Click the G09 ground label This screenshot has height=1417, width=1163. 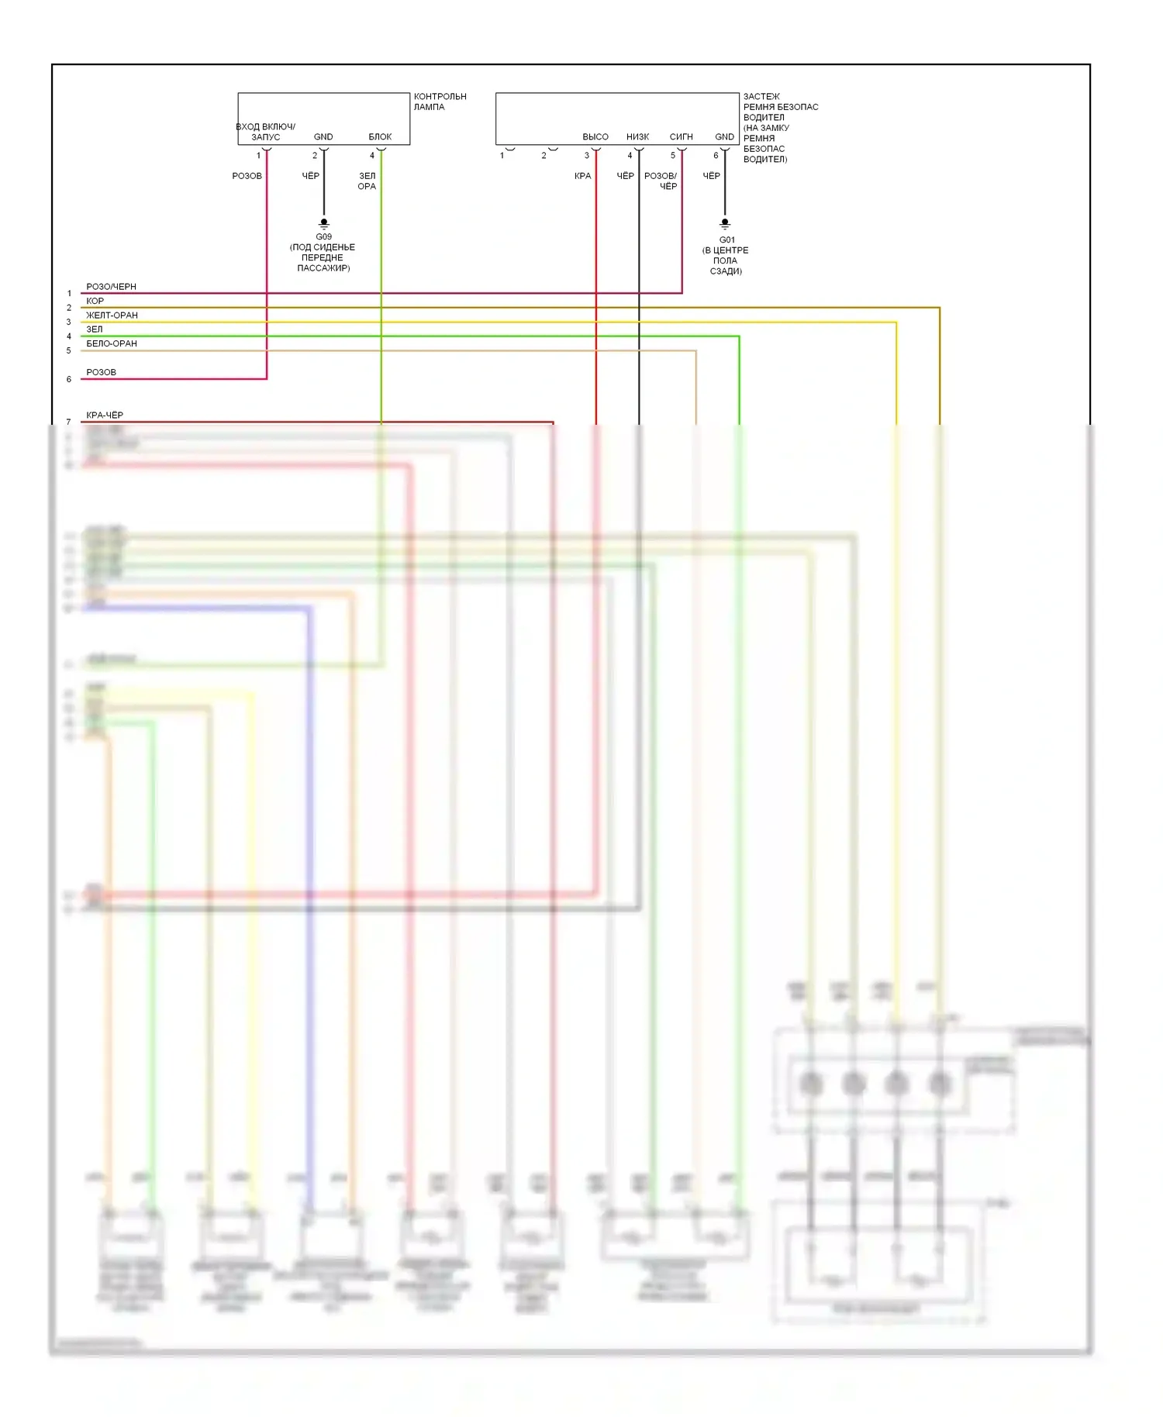323,236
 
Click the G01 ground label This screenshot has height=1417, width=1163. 726,240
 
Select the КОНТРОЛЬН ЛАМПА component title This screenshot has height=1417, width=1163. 440,102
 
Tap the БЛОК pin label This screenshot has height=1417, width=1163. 380,136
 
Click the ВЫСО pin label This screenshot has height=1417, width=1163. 595,136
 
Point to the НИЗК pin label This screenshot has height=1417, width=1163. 637,136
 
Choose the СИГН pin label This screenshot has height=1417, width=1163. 681,136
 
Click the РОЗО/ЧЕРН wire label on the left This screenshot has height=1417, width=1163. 111,287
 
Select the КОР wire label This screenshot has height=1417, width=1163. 95,301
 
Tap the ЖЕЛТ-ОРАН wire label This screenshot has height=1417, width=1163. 112,315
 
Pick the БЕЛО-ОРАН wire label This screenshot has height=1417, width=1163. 112,343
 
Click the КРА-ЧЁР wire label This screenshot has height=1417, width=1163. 105,415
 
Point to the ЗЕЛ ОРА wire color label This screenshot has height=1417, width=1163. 367,181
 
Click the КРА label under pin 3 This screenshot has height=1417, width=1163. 582,176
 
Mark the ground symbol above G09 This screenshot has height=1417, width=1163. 324,223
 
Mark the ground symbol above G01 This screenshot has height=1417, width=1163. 725,223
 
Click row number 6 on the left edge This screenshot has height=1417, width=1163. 69,379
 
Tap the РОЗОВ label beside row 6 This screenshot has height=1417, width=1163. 101,372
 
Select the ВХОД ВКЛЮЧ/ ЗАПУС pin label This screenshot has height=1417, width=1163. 265,132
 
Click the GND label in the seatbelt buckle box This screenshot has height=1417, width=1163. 724,136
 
